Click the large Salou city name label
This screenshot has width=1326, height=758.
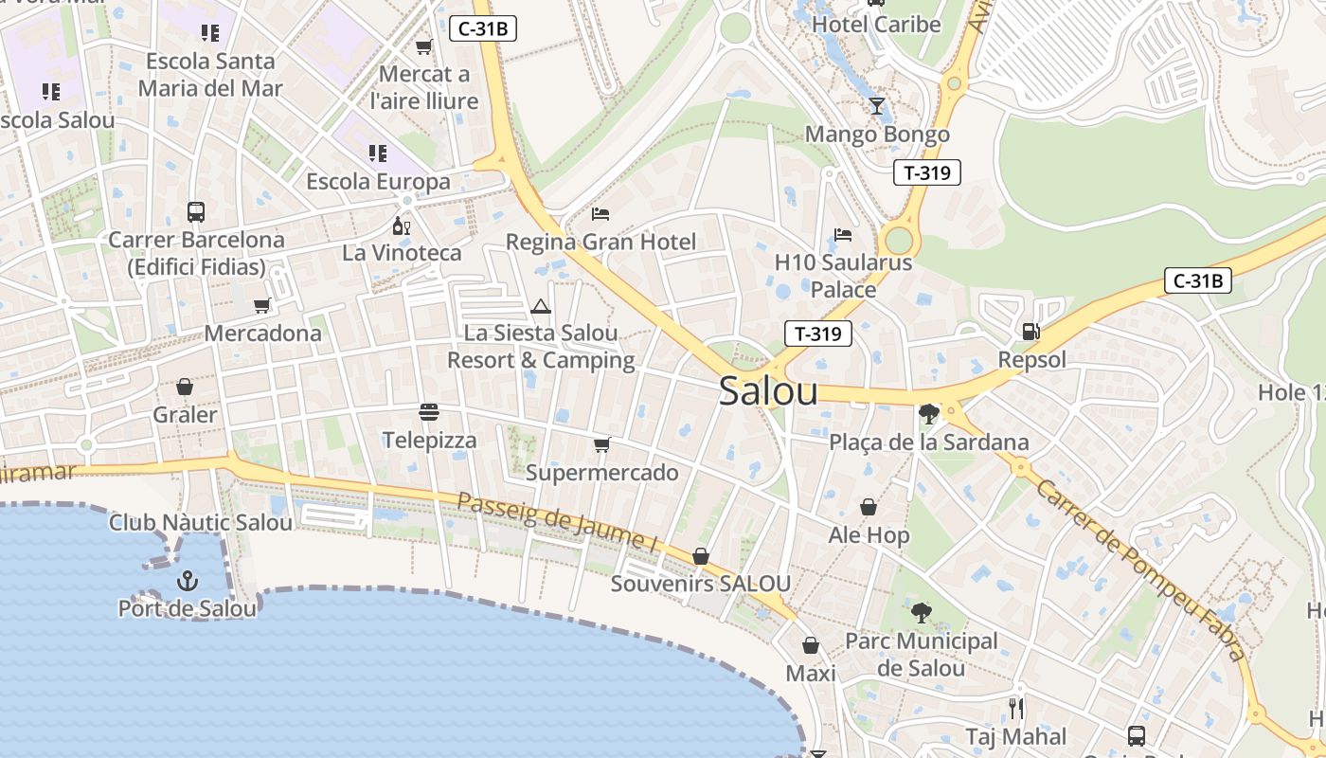(768, 390)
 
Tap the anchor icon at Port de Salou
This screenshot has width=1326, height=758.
(188, 580)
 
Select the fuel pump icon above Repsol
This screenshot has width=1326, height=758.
(1031, 332)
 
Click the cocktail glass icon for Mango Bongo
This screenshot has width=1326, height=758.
(877, 105)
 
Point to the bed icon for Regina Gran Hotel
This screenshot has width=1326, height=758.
(600, 214)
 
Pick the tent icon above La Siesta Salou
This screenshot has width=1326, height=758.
(541, 305)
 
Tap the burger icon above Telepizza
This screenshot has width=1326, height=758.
(429, 412)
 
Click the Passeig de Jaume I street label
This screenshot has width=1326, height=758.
(557, 522)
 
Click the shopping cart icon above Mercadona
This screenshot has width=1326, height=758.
(262, 305)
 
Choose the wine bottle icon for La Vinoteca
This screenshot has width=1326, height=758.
(402, 226)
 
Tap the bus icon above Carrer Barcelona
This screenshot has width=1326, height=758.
(196, 211)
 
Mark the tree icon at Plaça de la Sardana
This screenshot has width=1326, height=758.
(928, 413)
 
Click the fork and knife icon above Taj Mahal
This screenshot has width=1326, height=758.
(1016, 708)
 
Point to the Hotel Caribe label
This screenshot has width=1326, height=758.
(877, 25)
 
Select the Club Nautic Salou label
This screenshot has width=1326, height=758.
(201, 522)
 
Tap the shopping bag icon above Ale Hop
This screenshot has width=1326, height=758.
(869, 508)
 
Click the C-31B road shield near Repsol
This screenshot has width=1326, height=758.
(1197, 280)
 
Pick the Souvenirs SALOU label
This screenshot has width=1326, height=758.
(700, 584)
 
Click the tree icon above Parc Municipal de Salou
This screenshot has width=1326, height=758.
(921, 612)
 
